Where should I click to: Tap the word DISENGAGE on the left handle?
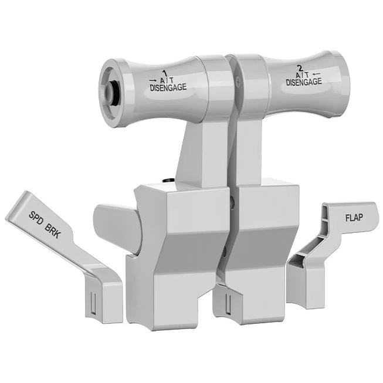[168, 87]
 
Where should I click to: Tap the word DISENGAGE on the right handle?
[304, 82]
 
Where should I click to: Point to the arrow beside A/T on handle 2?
[317, 74]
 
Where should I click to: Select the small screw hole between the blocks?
[233, 204]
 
